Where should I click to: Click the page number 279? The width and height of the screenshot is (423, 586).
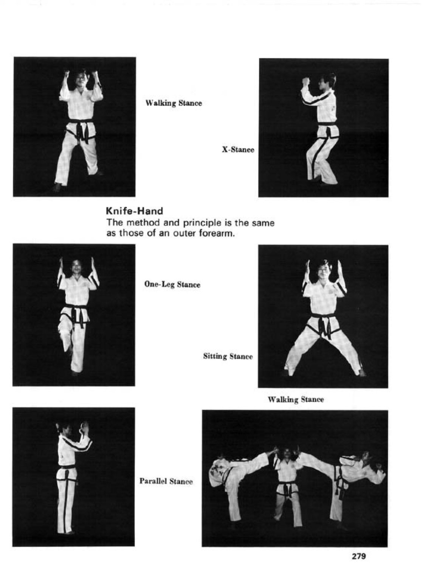click(358, 556)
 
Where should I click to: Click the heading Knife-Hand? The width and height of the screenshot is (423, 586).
click(134, 211)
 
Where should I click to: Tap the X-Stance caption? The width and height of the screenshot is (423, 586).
click(238, 150)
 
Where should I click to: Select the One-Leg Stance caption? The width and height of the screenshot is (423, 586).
click(172, 285)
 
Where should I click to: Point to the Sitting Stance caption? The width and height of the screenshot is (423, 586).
click(228, 356)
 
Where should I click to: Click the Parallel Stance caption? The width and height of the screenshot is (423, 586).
click(166, 482)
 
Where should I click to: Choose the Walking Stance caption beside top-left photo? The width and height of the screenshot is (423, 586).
click(174, 103)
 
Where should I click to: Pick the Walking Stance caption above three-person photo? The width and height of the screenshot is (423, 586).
click(296, 399)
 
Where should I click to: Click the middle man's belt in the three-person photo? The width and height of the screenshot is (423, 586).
click(288, 485)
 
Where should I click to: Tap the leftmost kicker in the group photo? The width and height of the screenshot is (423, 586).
click(231, 477)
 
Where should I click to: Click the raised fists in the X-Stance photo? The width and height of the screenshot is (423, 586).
click(305, 81)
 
